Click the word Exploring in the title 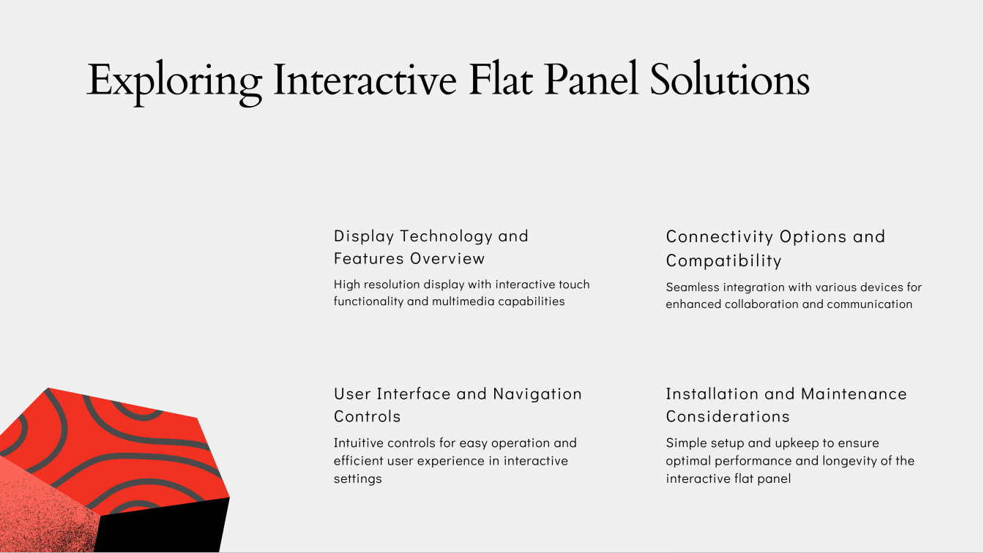(x=174, y=83)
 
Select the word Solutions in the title (x=730, y=78)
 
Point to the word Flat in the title (x=501, y=79)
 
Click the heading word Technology (x=447, y=236)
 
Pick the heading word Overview (x=447, y=258)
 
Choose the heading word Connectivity (x=719, y=237)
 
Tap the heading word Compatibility (x=723, y=260)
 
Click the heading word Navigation (x=537, y=394)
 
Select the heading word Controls (x=367, y=416)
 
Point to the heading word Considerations (x=728, y=416)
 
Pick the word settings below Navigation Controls (x=357, y=479)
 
